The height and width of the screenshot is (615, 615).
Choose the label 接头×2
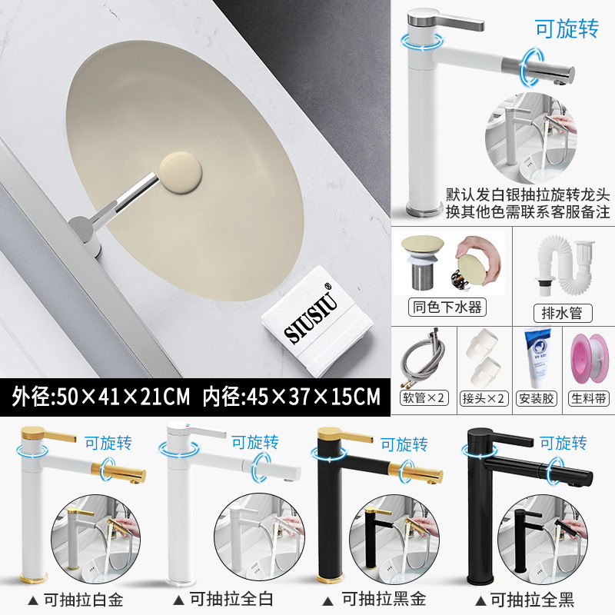pos(487,398)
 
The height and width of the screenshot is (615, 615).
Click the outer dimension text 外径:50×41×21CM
pos(100,397)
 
